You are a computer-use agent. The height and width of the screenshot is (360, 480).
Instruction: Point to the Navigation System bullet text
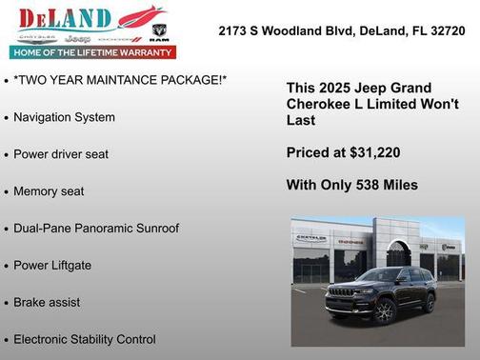click(65, 117)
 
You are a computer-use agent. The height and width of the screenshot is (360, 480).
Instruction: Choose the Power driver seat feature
click(61, 154)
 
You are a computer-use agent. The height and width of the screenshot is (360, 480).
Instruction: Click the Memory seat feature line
click(49, 191)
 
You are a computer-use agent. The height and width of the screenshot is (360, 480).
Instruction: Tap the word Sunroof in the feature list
click(153, 229)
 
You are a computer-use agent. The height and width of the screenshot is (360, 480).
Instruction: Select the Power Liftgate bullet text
click(52, 266)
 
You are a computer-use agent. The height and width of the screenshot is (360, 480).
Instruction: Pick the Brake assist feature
click(47, 302)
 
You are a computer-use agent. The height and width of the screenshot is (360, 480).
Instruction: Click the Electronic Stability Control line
click(85, 339)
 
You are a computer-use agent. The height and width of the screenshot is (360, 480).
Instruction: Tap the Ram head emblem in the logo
click(160, 30)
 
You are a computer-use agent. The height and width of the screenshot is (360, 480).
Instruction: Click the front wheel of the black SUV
click(384, 311)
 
